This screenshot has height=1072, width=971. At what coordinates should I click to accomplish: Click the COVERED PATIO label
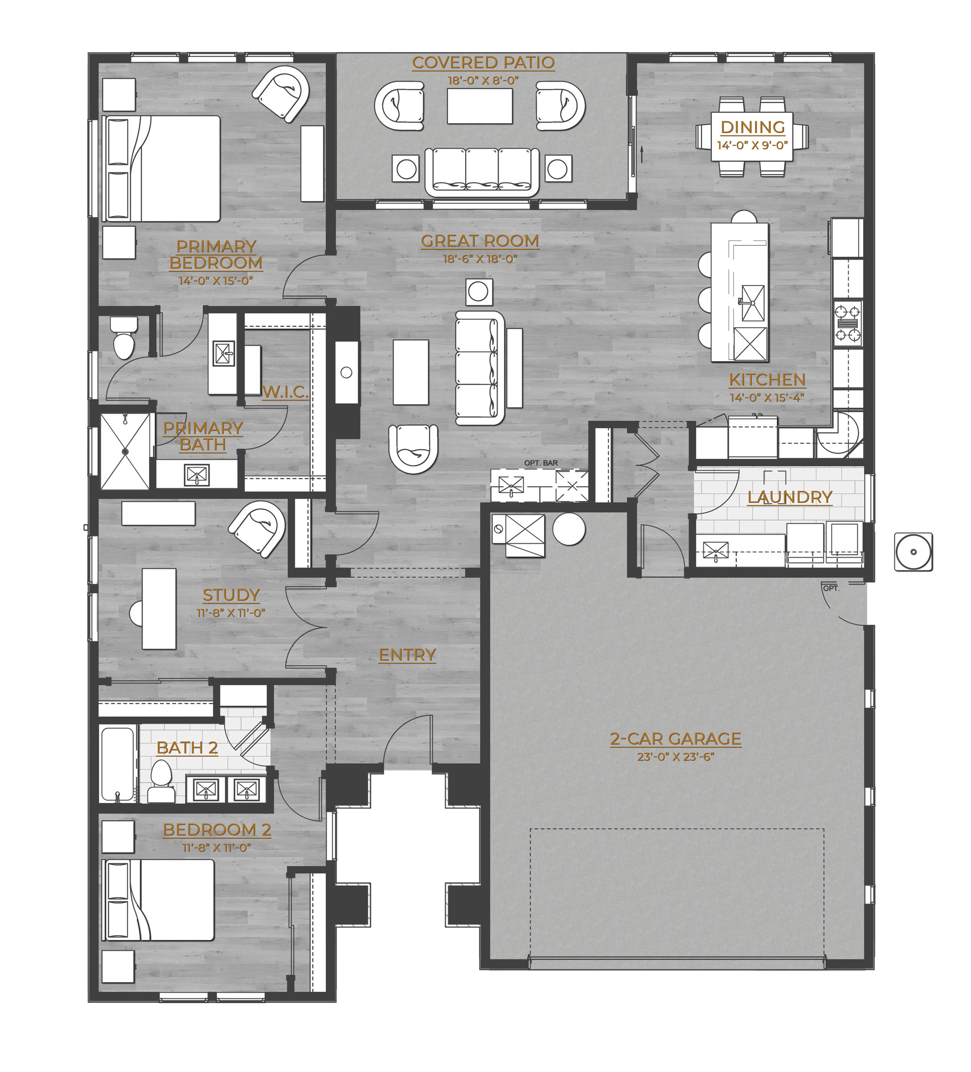click(x=483, y=63)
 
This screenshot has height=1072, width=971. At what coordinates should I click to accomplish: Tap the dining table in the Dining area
click(x=752, y=136)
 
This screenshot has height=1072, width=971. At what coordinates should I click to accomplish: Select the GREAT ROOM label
click(x=480, y=241)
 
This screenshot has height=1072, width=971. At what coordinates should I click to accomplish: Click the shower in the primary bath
click(x=125, y=451)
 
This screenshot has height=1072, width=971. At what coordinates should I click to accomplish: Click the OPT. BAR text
click(x=541, y=463)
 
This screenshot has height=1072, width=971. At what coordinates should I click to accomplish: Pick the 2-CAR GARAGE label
click(x=675, y=738)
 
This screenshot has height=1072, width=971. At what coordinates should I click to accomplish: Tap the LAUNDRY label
click(x=790, y=497)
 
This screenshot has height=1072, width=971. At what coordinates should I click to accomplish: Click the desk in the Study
click(x=159, y=609)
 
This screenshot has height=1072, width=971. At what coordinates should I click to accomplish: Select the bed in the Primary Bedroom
click(x=163, y=168)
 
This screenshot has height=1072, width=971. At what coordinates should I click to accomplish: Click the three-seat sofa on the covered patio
click(x=482, y=171)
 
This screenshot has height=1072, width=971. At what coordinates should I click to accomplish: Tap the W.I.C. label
click(x=285, y=392)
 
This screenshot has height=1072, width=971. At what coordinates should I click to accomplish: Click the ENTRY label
click(x=407, y=655)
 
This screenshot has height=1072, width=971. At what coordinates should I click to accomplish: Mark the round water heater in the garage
click(x=569, y=529)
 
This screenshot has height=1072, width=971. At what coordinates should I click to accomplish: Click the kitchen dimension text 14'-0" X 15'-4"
click(x=767, y=397)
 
